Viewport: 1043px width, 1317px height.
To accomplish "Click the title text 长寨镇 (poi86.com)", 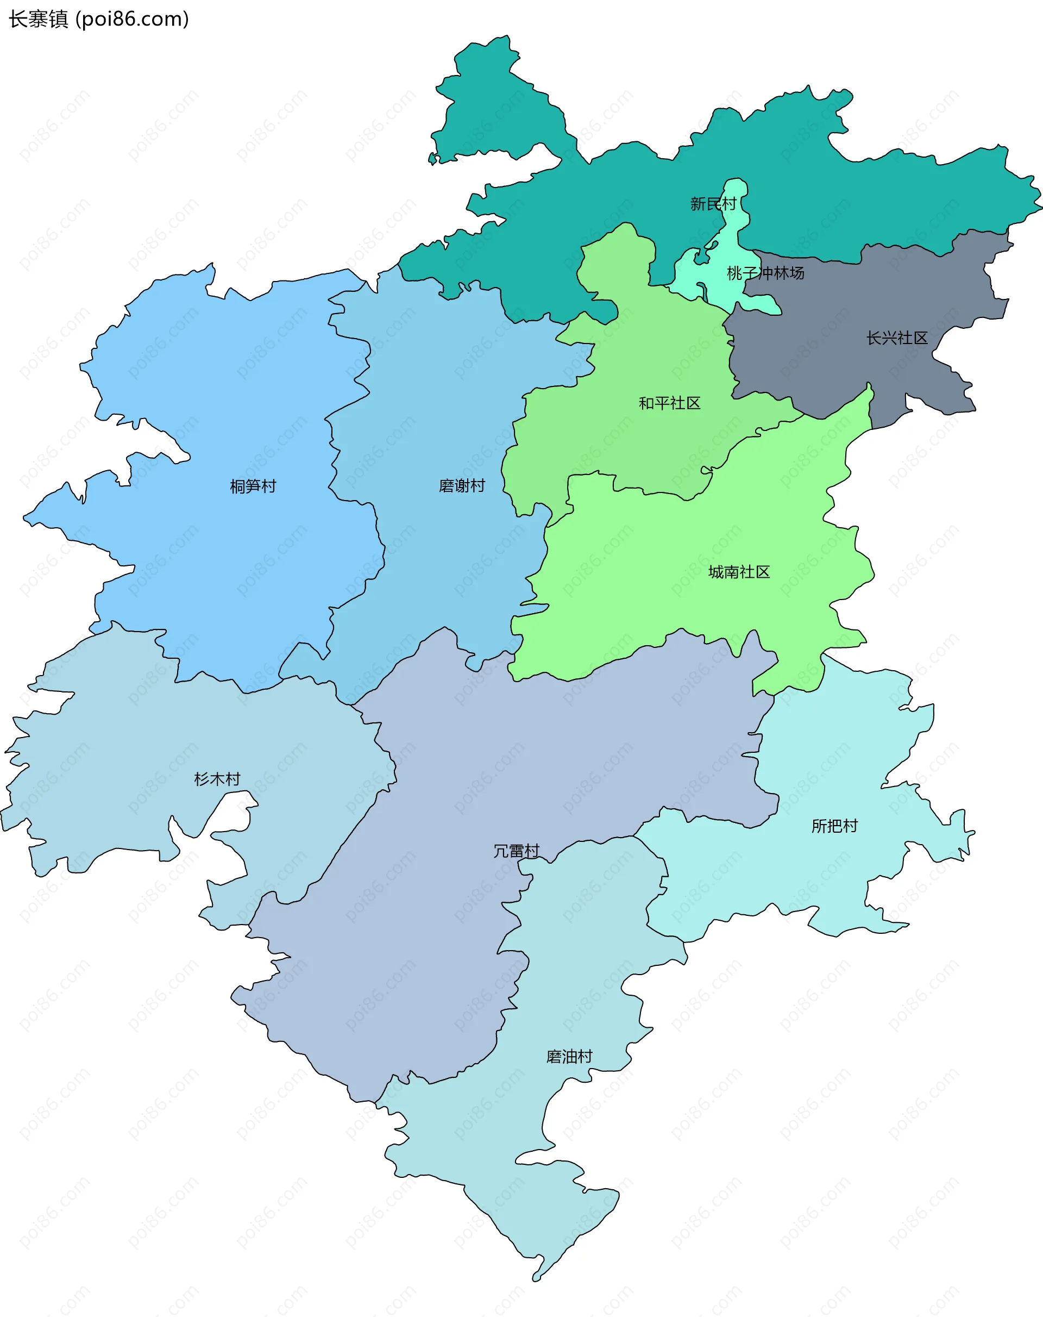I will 98,20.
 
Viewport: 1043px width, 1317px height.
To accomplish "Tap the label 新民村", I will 713,204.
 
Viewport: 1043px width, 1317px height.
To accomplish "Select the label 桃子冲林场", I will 765,273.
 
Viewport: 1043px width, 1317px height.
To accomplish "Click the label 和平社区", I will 669,403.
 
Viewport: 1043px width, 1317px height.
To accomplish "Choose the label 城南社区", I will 739,572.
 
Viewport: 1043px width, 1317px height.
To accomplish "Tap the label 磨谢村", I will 462,486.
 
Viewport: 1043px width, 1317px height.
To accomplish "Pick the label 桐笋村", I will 253,487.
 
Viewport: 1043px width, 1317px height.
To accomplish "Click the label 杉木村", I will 217,779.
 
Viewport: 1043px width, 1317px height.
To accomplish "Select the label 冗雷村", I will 516,852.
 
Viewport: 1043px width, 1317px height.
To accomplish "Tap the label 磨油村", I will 569,1057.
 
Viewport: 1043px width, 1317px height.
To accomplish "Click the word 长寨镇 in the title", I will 38,20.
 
